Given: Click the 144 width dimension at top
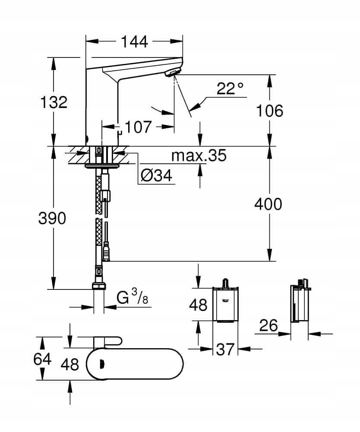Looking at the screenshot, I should pos(134,41).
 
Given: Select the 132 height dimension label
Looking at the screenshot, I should pos(54,102).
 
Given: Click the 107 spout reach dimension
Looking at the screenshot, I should pos(138,127).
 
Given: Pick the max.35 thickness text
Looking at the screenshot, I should pos(199,156).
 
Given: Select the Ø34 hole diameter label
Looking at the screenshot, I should pos(156,175).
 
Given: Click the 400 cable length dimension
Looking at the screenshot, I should pos(268,204).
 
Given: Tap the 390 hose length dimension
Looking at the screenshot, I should pos(53,219).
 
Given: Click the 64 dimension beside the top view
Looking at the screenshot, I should pos(42,359).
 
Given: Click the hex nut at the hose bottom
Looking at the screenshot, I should pos(99,286).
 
